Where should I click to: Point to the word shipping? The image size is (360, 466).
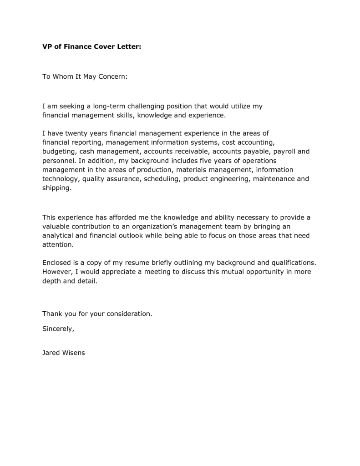(x=57, y=188)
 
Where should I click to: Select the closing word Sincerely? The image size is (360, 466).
(x=58, y=329)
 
